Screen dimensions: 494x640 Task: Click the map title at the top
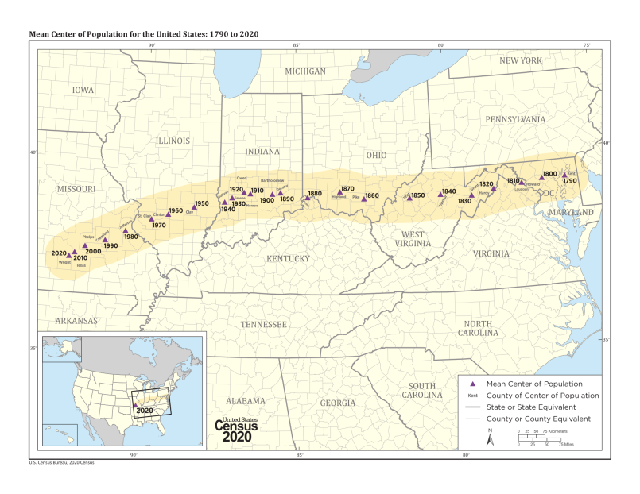tap(143, 34)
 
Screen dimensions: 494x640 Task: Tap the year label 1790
tap(569, 181)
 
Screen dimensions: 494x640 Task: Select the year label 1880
tap(315, 194)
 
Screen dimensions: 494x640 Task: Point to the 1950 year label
tap(202, 203)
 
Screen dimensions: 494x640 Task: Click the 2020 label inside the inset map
tap(145, 411)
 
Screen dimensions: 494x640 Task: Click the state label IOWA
tap(83, 90)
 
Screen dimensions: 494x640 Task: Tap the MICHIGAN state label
tap(305, 71)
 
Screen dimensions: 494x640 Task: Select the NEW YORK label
tap(520, 60)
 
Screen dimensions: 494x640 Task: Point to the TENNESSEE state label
tap(264, 324)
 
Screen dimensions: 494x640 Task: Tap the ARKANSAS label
tap(77, 321)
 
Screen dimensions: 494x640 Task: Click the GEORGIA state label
tap(338, 403)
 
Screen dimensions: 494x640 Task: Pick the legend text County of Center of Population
tap(542, 395)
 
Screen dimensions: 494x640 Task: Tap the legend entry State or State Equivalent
tap(537, 407)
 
